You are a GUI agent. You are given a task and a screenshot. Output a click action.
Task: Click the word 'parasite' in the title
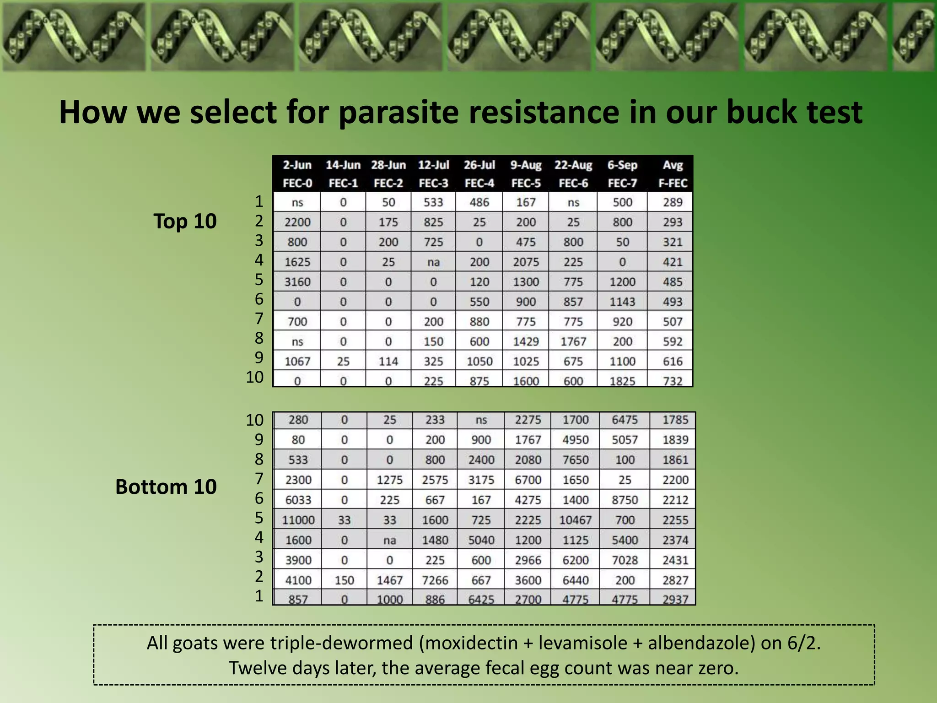click(398, 112)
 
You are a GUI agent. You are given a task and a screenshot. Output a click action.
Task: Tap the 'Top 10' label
click(185, 221)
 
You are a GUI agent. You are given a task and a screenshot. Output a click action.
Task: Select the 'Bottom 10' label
click(166, 487)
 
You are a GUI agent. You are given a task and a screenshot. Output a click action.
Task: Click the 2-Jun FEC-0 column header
click(297, 174)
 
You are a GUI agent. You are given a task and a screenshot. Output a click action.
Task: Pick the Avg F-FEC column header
click(673, 174)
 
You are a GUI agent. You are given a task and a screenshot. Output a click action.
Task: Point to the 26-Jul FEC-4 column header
click(479, 174)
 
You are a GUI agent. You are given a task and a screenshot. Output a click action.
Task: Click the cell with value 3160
click(297, 282)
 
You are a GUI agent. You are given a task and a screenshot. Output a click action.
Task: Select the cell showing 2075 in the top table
click(526, 262)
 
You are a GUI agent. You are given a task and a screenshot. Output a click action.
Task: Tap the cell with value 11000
click(298, 520)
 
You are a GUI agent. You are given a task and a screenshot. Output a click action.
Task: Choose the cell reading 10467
click(575, 520)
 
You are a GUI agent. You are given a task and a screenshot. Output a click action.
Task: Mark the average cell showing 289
click(673, 202)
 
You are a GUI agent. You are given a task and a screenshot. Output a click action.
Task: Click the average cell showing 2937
click(675, 599)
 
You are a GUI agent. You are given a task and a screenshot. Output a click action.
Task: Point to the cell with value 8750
click(625, 500)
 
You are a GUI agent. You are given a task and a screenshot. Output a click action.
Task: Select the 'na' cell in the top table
click(433, 262)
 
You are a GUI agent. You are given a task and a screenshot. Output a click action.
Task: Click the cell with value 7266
click(435, 580)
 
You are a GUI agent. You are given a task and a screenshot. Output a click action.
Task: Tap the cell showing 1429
click(526, 342)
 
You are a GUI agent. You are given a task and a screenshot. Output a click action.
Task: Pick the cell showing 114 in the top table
click(388, 362)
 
